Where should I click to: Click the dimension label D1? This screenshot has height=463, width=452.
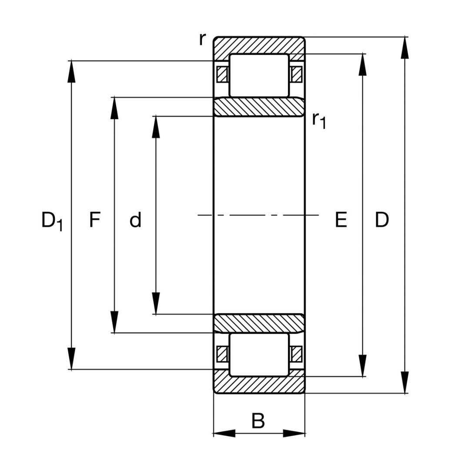52,221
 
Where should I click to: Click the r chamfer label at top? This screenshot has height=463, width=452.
202,39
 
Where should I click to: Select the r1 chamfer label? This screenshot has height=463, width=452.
319,121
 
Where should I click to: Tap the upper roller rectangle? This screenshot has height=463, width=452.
259,75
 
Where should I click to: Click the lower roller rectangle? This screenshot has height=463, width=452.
259,355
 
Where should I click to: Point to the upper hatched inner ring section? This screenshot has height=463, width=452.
259,107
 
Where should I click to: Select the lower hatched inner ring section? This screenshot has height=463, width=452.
259,323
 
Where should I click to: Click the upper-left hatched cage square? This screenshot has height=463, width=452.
222,74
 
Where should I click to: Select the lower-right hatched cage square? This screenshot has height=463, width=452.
296,354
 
